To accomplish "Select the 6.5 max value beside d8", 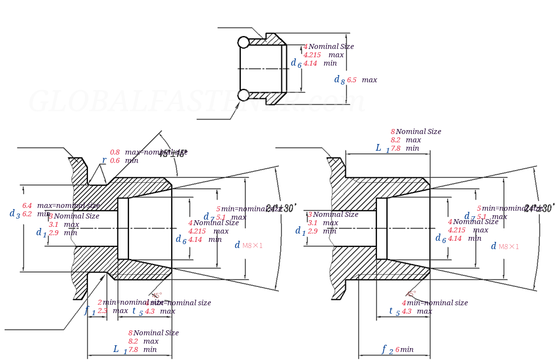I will point(351,80).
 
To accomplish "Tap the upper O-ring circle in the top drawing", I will point(244,42).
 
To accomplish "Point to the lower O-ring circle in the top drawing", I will point(244,95).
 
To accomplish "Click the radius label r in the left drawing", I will point(104,160).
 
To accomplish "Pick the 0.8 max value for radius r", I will point(115,152).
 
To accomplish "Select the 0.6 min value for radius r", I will point(115,161).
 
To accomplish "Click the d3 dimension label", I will point(14,214).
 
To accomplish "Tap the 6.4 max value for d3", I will point(27,206).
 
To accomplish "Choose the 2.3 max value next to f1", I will point(102,311).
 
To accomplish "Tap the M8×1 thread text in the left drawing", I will point(252,246).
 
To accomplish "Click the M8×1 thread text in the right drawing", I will point(509,247).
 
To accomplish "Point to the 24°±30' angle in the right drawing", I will point(539,209).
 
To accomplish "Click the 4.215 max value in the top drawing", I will point(312,55).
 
